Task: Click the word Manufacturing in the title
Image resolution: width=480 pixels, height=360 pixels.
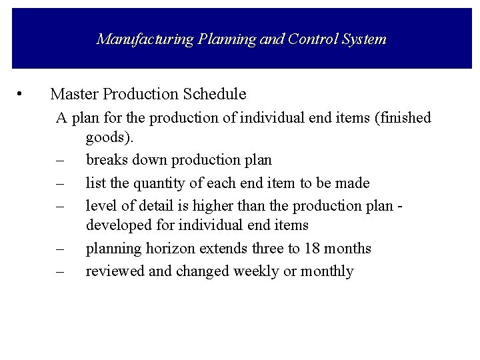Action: [134, 39]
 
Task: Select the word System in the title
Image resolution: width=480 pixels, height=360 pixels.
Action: [362, 39]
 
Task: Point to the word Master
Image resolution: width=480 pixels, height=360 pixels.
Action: [72, 94]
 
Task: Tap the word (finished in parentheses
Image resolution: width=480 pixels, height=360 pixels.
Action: [403, 118]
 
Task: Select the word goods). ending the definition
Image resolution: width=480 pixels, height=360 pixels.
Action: [110, 138]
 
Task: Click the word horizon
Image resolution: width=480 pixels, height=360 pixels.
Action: [168, 249]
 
